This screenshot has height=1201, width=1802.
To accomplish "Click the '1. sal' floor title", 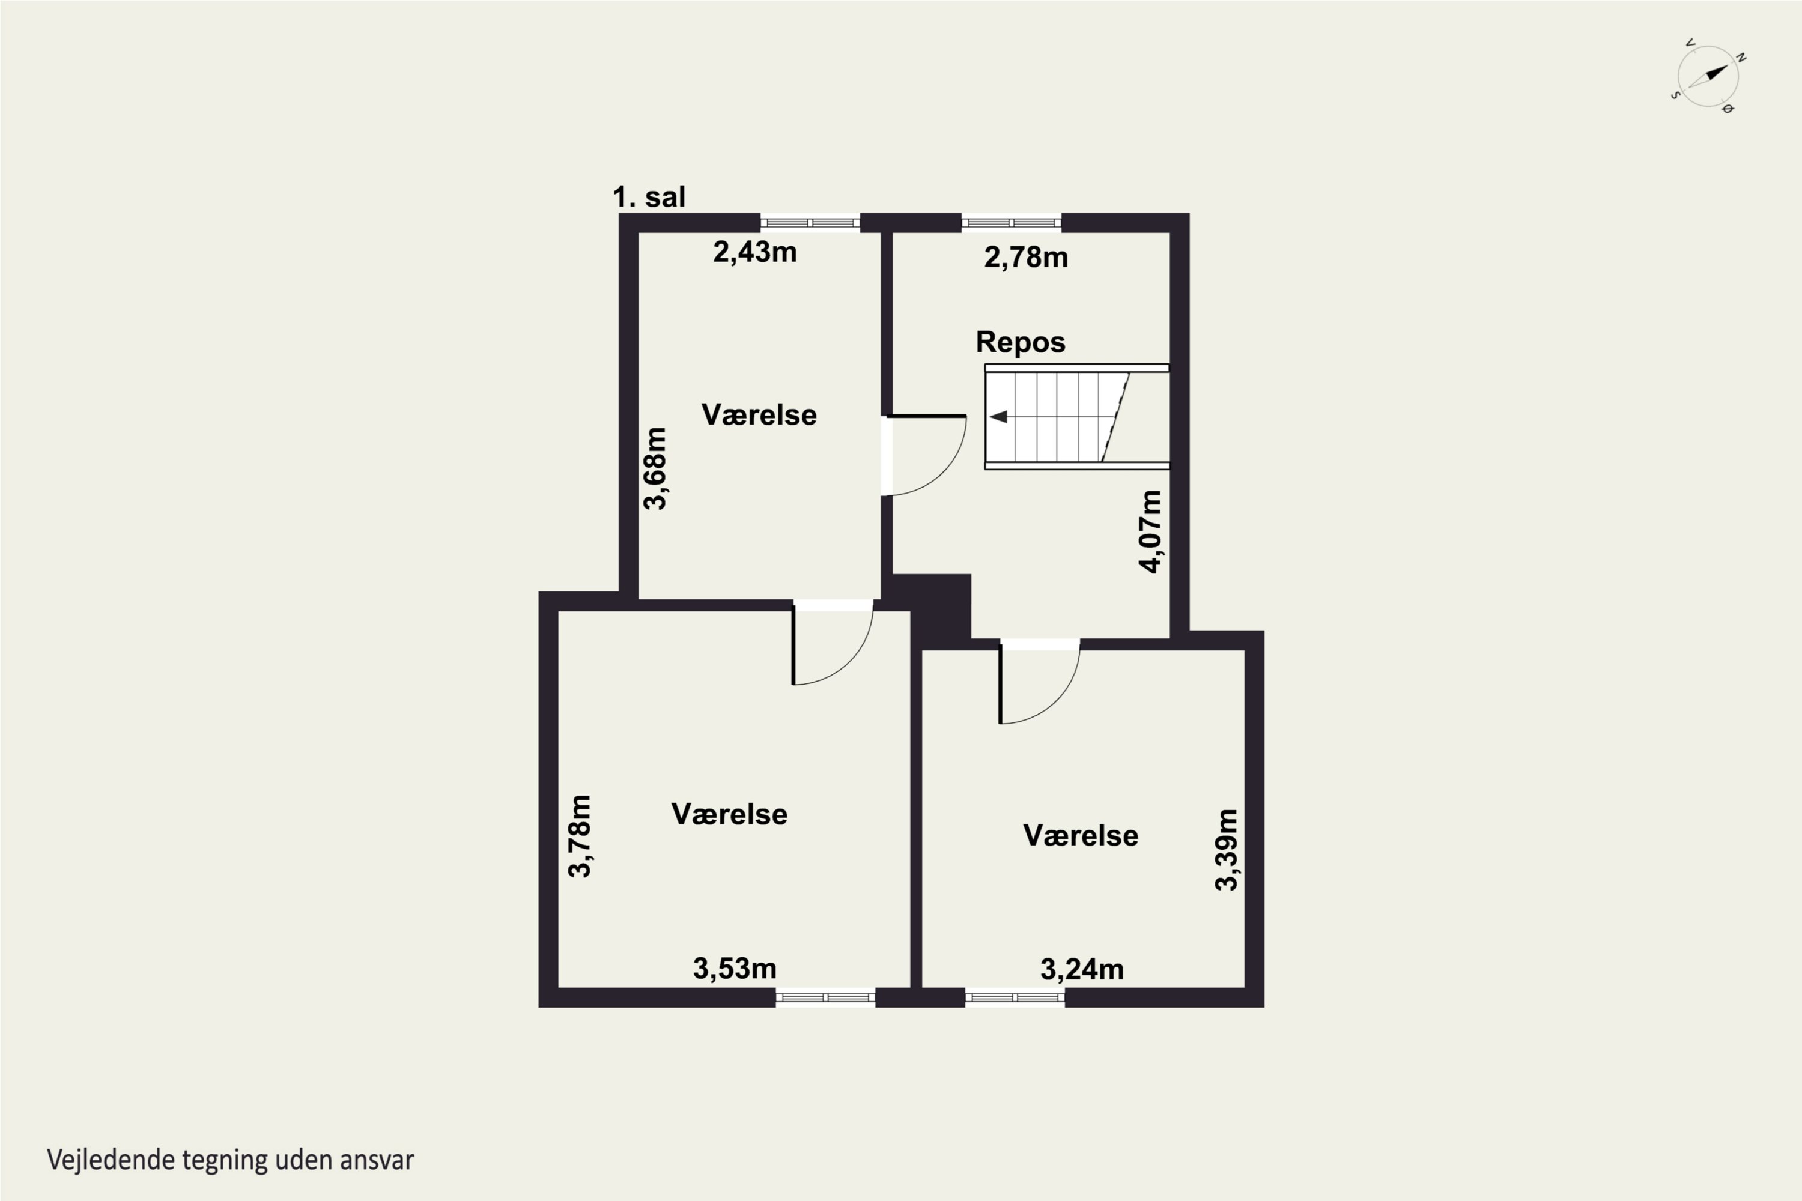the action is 649,197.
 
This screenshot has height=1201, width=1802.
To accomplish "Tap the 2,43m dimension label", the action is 754,252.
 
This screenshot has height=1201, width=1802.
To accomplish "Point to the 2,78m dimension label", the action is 1026,258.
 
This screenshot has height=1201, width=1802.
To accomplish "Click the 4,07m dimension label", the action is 1151,531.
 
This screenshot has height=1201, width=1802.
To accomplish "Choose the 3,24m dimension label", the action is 1082,970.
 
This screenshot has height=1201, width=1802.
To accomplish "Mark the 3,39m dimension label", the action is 1227,850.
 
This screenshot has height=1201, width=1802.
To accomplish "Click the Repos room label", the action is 1021,342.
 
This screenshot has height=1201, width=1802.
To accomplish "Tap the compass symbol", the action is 1708,77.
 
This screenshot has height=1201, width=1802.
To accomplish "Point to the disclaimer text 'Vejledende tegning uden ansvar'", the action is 231,1160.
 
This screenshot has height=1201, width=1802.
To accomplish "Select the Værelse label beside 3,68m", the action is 759,414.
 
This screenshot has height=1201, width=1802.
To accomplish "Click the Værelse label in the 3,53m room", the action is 729,814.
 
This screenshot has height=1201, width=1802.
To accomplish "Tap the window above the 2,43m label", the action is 810,223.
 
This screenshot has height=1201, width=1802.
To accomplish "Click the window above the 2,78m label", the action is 1012,223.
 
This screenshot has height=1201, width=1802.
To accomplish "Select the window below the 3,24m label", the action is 1015,997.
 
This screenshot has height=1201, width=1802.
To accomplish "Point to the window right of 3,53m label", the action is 825,997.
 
